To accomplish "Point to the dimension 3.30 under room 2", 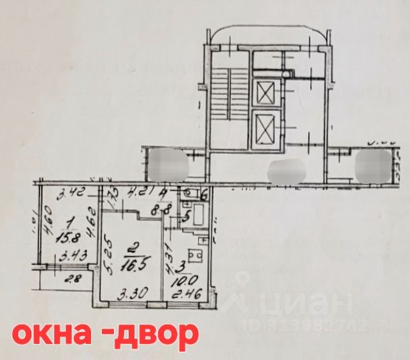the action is pyautogui.click(x=129, y=292).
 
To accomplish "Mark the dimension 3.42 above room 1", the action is pyautogui.click(x=69, y=195).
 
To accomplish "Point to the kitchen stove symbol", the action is pyautogui.click(x=194, y=256).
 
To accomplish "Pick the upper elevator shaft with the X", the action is pyautogui.click(x=265, y=93).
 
